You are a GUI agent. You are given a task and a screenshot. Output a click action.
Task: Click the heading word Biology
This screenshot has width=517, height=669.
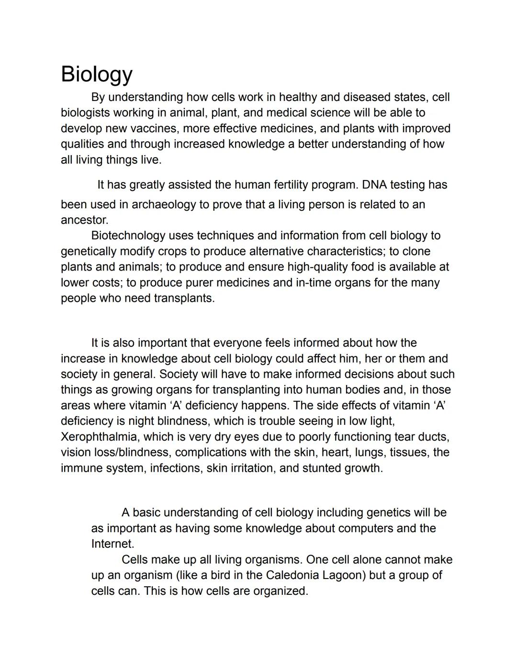[96, 74]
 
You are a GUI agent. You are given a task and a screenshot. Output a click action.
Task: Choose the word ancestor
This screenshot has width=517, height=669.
[84, 220]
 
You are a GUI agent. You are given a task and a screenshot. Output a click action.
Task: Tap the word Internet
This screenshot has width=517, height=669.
[112, 544]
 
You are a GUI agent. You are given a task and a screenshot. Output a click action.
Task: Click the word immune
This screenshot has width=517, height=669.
[81, 468]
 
